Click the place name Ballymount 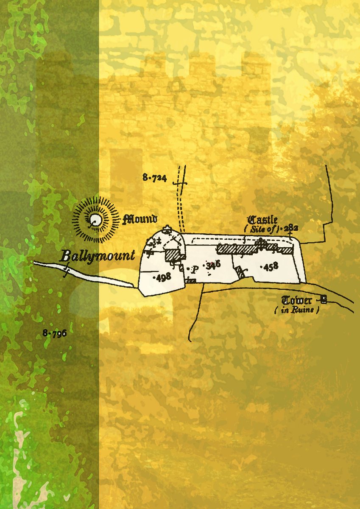pos(98,256)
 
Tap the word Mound pos(140,219)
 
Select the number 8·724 pos(155,179)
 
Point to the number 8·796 pos(55,333)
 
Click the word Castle pos(263,220)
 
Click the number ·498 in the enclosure pos(162,277)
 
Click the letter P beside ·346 pos(195,269)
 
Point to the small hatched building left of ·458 pos(241,272)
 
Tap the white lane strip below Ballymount pos(85,274)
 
